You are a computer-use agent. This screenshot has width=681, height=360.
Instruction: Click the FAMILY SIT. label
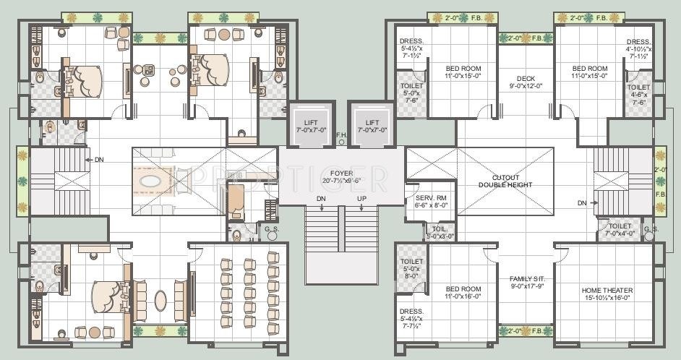pos(526,282)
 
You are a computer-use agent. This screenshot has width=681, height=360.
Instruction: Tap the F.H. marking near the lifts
pos(342,134)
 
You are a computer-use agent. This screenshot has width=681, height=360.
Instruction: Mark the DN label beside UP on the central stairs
pos(321,199)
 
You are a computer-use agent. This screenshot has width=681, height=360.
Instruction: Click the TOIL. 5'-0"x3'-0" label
pos(440,231)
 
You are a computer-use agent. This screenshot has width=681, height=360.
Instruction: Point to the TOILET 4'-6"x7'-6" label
pos(638,94)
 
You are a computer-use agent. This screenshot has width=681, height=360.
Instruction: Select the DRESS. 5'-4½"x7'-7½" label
pos(411,318)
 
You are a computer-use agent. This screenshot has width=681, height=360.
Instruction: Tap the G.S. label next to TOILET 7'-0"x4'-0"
pos(650,229)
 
